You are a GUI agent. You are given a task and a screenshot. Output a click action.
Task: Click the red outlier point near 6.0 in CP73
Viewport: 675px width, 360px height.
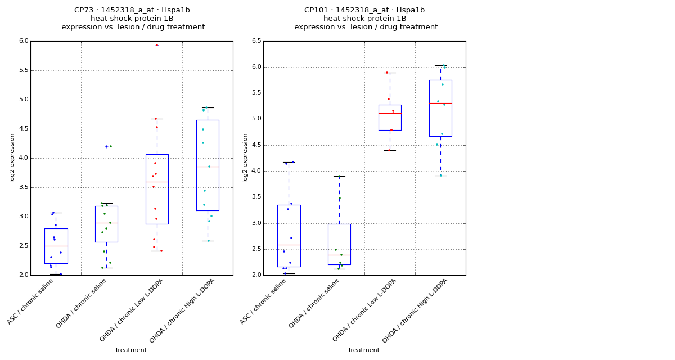[x=157, y=45]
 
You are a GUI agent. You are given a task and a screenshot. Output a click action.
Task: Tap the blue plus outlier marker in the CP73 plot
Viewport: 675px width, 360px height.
[x=106, y=146]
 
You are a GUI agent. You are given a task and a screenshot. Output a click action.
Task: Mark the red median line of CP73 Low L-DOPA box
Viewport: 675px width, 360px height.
[x=157, y=182]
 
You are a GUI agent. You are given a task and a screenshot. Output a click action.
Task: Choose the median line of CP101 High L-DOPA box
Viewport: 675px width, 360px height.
[x=440, y=103]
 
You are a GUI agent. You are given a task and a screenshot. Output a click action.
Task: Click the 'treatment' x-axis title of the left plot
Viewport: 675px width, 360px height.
[x=131, y=350]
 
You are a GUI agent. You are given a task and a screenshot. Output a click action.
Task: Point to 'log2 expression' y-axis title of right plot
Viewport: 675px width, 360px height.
[x=245, y=157]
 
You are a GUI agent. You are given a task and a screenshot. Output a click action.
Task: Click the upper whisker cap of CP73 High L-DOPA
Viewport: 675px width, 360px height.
[x=208, y=107]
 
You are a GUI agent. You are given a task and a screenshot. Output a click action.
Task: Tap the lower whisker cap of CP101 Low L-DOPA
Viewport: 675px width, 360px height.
[x=390, y=150]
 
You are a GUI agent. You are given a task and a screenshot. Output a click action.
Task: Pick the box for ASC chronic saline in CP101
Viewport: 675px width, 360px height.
[x=289, y=236]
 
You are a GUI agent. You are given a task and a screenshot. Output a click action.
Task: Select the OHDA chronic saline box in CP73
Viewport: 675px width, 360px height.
[x=106, y=224]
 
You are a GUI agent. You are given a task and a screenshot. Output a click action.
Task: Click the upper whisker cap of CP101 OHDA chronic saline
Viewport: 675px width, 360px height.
[x=339, y=176]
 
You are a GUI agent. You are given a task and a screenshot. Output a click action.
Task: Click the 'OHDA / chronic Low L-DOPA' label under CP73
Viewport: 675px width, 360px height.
[x=132, y=310]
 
